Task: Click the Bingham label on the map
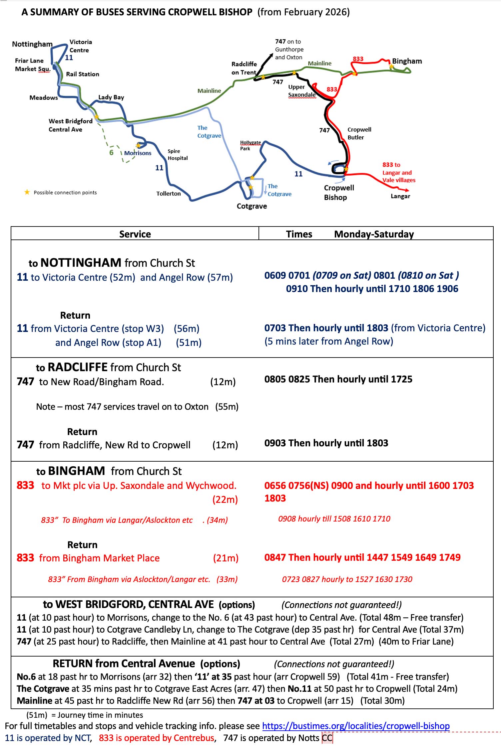[407, 61]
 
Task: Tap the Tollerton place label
[169, 194]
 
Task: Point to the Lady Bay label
[111, 97]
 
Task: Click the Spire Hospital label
[178, 155]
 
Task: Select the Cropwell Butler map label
[359, 133]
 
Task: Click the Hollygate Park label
[250, 145]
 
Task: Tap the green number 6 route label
[111, 153]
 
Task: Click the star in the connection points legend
[27, 192]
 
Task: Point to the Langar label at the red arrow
[400, 196]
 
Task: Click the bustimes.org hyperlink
[356, 726]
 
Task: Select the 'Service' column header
[135, 234]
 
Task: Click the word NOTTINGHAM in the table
[81, 263]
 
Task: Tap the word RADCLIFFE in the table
[78, 367]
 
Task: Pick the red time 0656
[275, 486]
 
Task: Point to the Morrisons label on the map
[138, 153]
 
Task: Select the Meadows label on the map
[44, 98]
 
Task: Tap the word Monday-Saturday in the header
[374, 234]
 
